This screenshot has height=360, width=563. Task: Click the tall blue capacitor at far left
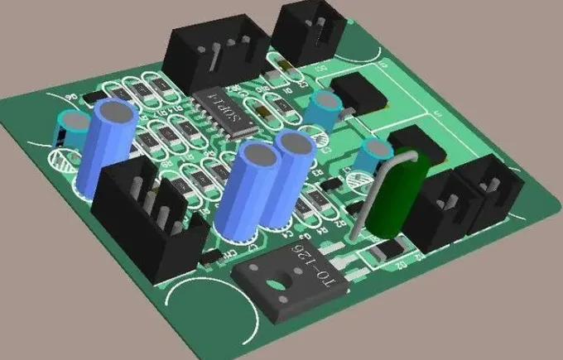point(105,149)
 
